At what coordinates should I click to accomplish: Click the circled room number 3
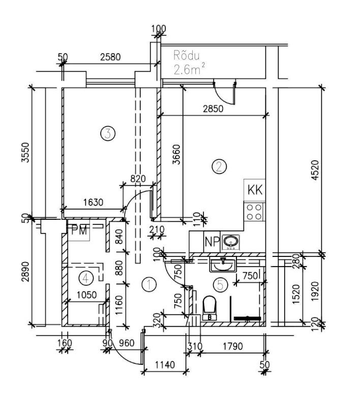coord(108,134)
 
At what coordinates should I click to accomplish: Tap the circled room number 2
coord(219,167)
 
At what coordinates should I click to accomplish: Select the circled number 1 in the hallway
coord(149,284)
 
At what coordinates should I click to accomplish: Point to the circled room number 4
coord(86,278)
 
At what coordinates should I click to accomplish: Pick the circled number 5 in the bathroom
coord(220,285)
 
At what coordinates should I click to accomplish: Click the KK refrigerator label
coord(255,190)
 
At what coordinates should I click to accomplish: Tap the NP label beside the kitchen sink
coord(212,242)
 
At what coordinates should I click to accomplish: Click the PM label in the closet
coord(79,230)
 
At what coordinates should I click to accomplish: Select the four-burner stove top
coord(254,212)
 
